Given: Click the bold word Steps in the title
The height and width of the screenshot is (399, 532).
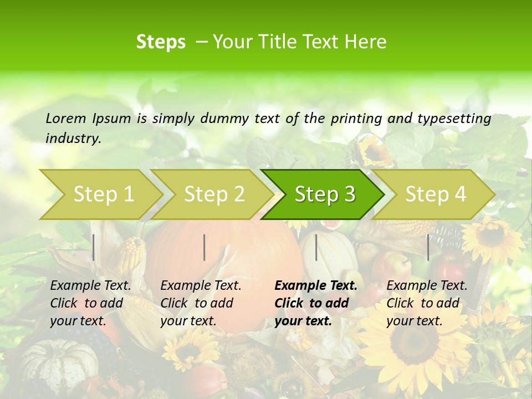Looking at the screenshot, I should pos(161,42).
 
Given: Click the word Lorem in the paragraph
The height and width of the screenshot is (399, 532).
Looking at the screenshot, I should pos(65,118).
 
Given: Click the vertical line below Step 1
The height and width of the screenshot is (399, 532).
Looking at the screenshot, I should pos(94,247).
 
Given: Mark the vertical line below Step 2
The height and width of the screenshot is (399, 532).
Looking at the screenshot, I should pos(204,247).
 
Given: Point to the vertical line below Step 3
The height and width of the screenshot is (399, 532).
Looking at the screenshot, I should pos(316,247).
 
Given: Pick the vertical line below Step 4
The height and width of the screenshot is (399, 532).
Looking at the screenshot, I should pos(428,247).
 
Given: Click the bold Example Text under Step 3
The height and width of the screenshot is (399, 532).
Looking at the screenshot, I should pos(316,286).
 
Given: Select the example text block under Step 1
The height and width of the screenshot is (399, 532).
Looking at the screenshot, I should pos(90,303).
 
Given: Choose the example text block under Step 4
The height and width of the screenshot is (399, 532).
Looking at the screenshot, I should pos(427,303).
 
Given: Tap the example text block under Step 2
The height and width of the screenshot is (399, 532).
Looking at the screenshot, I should pos(201,303).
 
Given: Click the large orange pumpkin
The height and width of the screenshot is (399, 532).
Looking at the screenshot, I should pos(233,244).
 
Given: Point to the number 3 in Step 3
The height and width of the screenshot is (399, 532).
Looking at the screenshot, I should pos(349,195).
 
